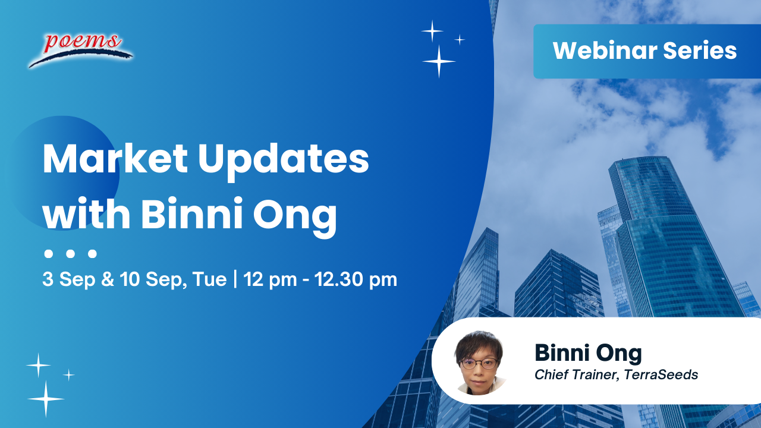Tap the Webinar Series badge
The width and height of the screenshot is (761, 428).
click(x=645, y=51)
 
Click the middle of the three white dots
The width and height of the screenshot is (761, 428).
click(x=70, y=254)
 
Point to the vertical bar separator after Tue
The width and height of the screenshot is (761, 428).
click(x=235, y=279)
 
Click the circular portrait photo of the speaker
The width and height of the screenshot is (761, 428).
click(x=479, y=363)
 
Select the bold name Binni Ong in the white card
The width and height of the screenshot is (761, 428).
click(x=588, y=353)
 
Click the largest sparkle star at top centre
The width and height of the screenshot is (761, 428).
click(x=439, y=61)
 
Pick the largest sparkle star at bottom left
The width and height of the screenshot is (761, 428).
click(x=45, y=398)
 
